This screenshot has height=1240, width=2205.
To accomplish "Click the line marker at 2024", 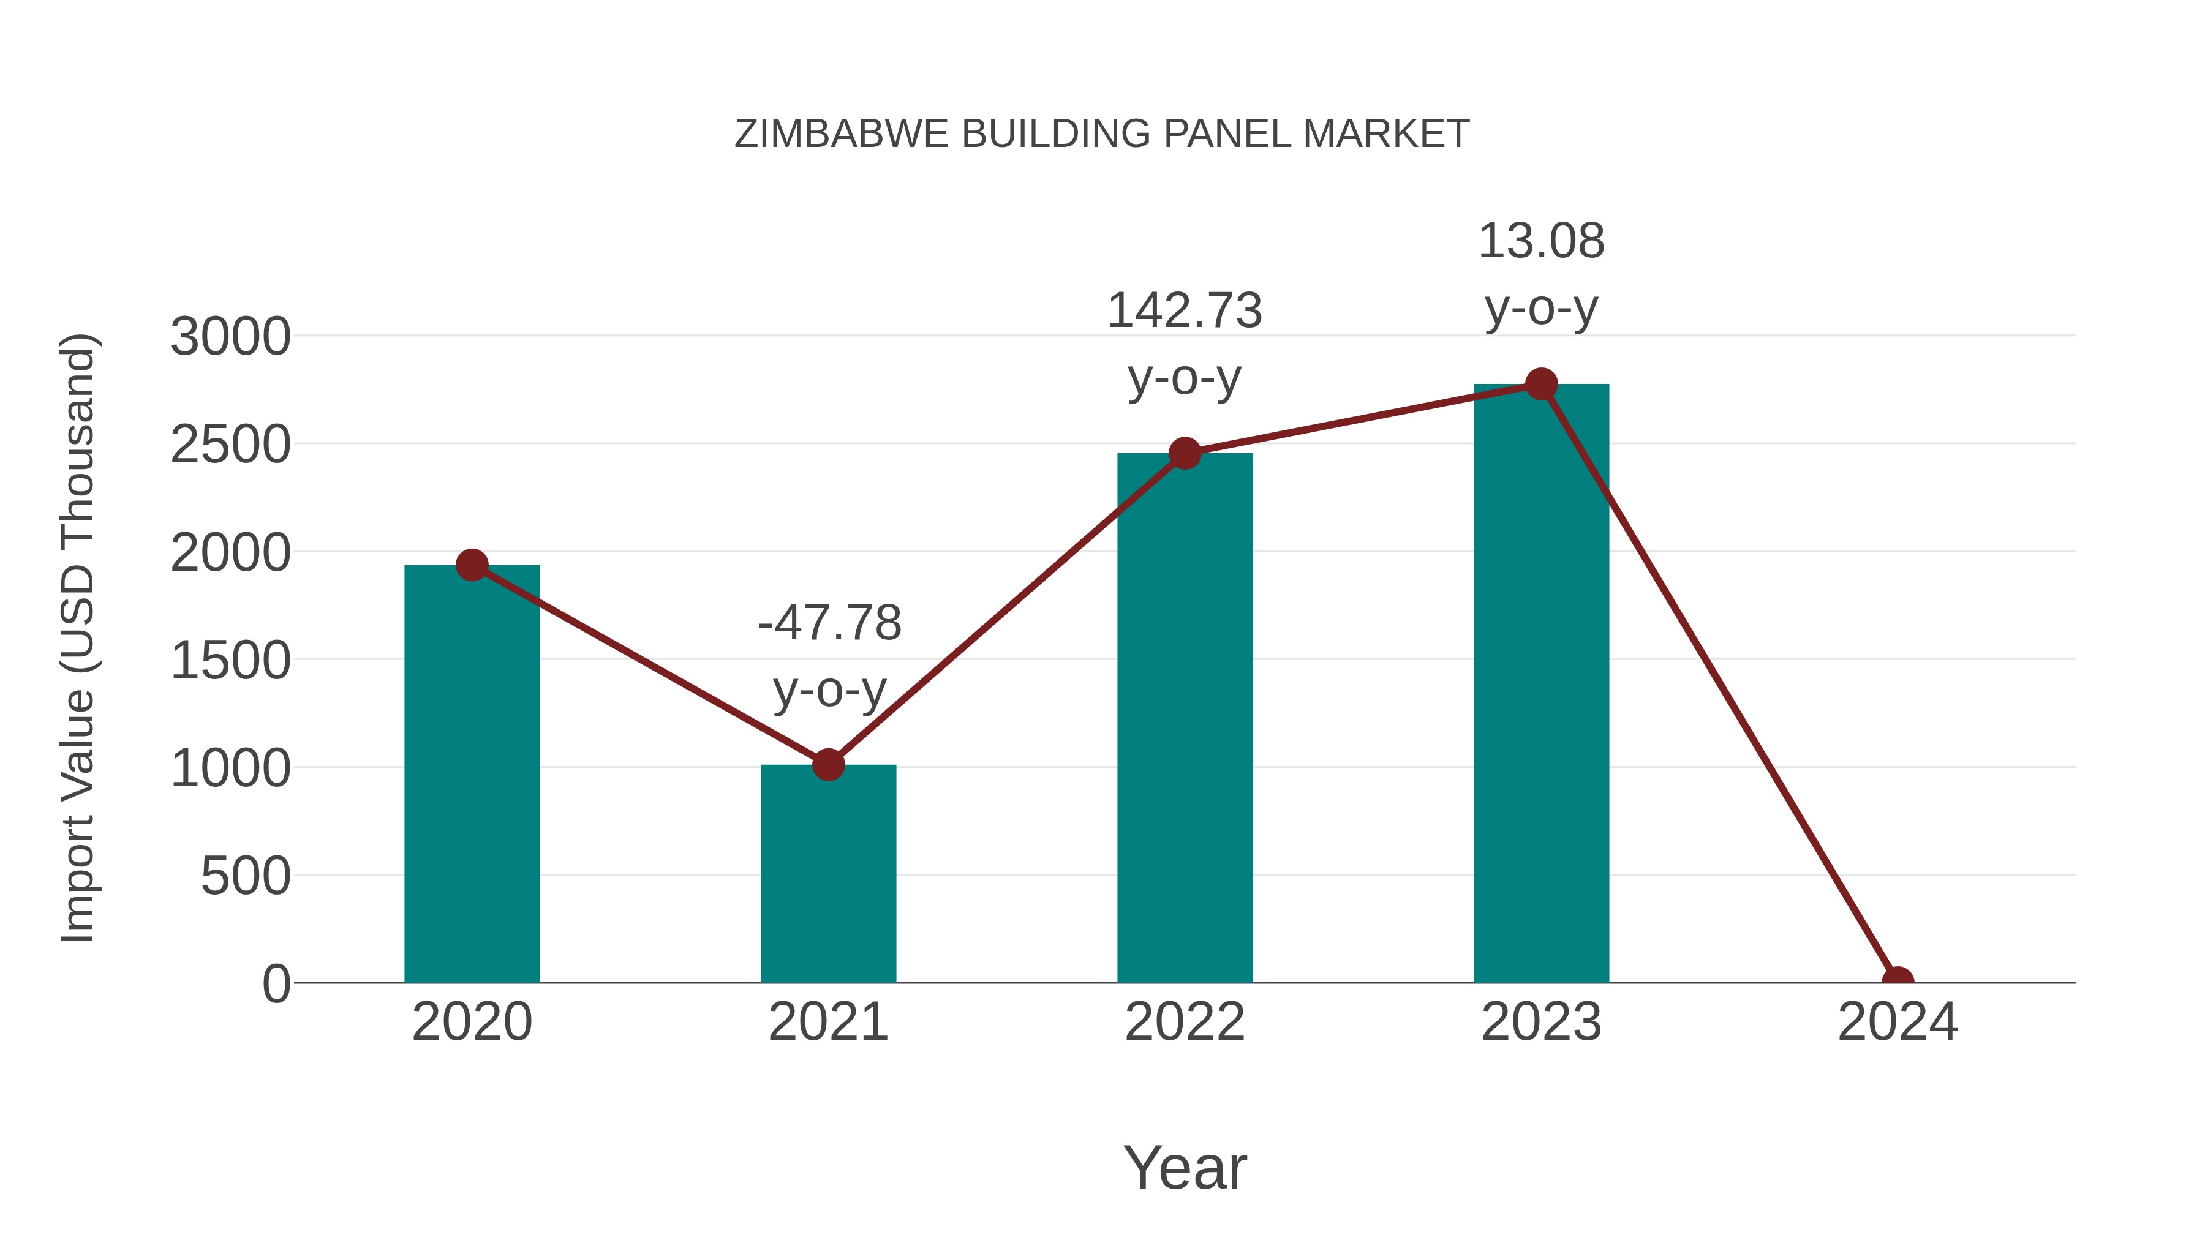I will coord(1898,981).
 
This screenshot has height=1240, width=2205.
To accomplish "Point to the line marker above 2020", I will coord(472,565).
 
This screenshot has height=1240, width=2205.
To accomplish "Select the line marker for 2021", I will coord(827,764).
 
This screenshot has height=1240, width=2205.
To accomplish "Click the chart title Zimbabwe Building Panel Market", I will coord(1102,134).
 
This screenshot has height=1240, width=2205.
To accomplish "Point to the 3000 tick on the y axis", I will coord(230,336).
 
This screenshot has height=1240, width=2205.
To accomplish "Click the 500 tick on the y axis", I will coord(245,876).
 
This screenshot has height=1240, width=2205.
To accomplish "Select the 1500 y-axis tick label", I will coord(230,661).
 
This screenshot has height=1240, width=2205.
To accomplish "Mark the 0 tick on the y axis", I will coord(276,984).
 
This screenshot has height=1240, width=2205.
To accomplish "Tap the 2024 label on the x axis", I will coord(1898,1022).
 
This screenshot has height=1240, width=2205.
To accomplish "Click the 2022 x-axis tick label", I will coord(1185,1022).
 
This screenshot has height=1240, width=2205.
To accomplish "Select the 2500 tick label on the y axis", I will coord(230,445).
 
